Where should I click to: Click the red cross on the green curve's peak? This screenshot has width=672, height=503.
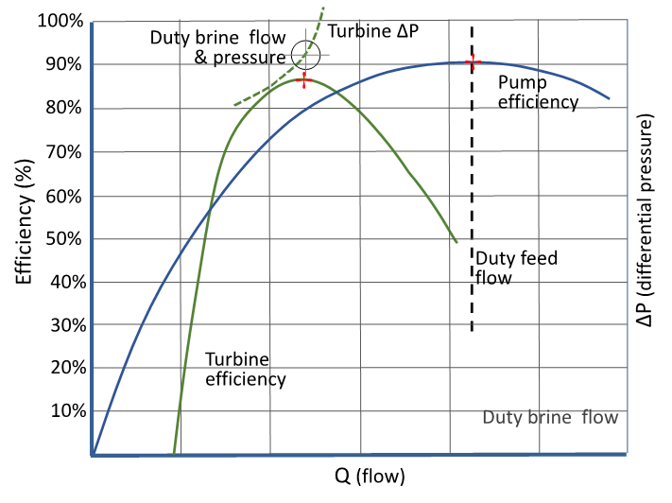[x=303, y=80]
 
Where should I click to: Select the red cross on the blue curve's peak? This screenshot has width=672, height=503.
[x=474, y=62]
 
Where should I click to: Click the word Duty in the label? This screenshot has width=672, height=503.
[x=501, y=417]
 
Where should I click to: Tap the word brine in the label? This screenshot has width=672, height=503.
[x=548, y=417]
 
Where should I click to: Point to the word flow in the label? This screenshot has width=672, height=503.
[x=600, y=417]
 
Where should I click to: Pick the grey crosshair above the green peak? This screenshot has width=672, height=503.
[x=306, y=55]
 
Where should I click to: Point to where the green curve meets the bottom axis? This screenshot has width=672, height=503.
[x=174, y=454]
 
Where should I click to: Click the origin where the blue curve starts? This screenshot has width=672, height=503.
[x=93, y=454]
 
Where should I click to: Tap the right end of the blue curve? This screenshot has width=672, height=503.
[x=609, y=97]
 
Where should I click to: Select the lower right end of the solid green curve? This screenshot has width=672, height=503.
[x=457, y=241]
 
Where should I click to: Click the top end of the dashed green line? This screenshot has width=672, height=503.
[x=324, y=8]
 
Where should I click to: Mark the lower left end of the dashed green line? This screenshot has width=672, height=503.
[x=235, y=105]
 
